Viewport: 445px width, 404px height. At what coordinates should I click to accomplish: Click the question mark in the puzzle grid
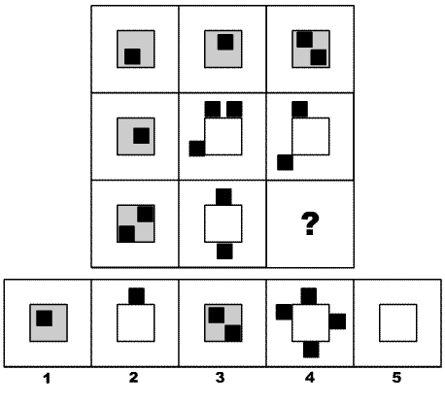pyautogui.click(x=310, y=223)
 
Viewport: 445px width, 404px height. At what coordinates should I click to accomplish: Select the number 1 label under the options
pyautogui.click(x=48, y=378)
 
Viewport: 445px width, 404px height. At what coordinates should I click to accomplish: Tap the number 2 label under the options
pyautogui.click(x=133, y=378)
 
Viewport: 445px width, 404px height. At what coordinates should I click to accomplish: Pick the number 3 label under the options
pyautogui.click(x=220, y=378)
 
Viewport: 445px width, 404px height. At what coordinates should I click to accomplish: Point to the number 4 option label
pyautogui.click(x=310, y=378)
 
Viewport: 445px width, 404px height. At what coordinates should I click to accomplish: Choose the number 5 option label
pyautogui.click(x=396, y=378)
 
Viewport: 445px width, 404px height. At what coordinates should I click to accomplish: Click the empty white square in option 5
pyautogui.click(x=398, y=322)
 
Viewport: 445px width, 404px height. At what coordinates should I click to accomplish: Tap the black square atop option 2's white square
pyautogui.click(x=137, y=296)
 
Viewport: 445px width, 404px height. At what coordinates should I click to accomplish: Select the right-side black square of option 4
pyautogui.click(x=337, y=321)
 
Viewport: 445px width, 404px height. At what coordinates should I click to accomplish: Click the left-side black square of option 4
pyautogui.click(x=284, y=312)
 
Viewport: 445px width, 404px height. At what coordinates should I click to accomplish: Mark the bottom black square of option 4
pyautogui.click(x=311, y=350)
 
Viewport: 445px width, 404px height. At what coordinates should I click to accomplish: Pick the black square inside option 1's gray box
pyautogui.click(x=45, y=319)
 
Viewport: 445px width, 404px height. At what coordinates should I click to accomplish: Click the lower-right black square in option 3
pyautogui.click(x=233, y=333)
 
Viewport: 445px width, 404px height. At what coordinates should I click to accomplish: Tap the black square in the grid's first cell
pyautogui.click(x=132, y=56)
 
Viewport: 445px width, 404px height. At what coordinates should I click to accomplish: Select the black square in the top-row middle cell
pyautogui.click(x=225, y=42)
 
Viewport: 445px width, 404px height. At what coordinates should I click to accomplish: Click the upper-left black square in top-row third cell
pyautogui.click(x=305, y=40)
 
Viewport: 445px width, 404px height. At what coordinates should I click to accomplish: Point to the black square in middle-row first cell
pyautogui.click(x=142, y=136)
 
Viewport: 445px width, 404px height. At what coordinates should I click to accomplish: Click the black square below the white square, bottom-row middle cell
pyautogui.click(x=224, y=252)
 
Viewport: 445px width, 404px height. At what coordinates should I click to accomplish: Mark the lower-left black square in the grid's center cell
pyautogui.click(x=197, y=149)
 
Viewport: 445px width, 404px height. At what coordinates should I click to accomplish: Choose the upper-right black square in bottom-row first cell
pyautogui.click(x=146, y=214)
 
